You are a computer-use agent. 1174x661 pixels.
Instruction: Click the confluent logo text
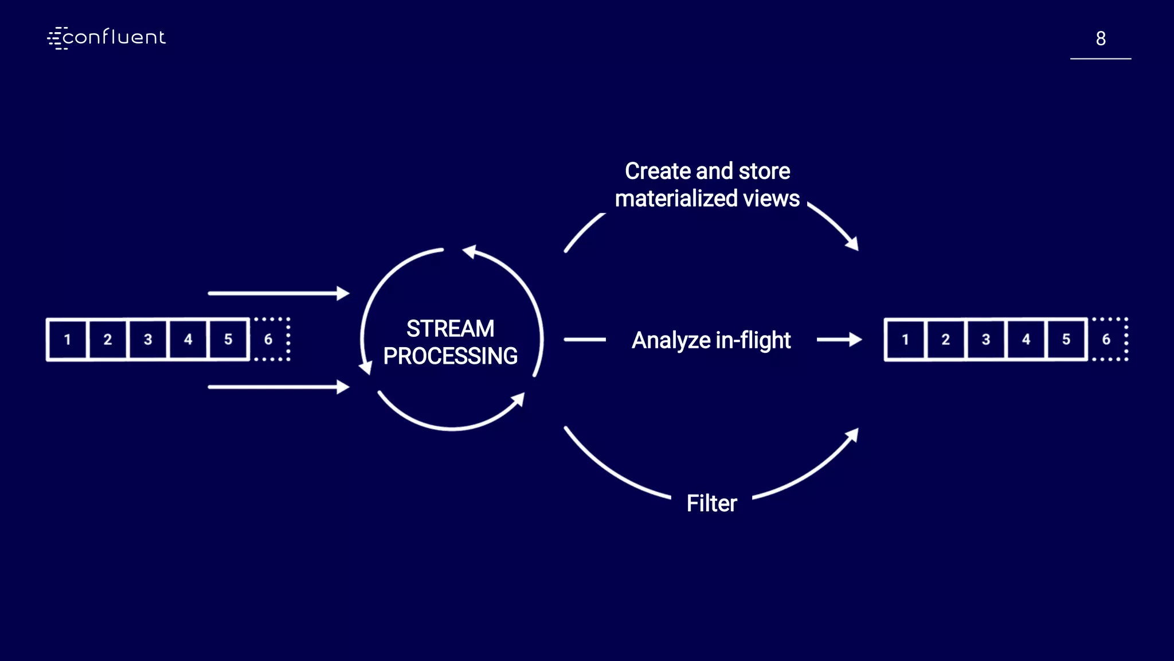click(x=114, y=38)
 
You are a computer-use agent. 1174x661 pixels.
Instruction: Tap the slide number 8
click(x=1100, y=38)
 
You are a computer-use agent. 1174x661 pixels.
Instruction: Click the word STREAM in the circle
click(x=450, y=329)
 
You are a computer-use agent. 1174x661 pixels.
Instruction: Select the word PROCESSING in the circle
click(x=450, y=356)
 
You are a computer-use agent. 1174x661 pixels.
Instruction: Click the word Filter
click(x=711, y=503)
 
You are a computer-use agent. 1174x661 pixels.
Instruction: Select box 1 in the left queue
click(x=68, y=340)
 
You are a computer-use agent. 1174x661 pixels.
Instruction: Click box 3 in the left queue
click(x=148, y=340)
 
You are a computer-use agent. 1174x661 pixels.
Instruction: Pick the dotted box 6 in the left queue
click(x=269, y=340)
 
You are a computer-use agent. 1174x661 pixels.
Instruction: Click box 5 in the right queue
click(x=1066, y=340)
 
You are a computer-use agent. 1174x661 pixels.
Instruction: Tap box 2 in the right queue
click(x=946, y=340)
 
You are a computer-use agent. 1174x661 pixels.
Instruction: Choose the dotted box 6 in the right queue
click(x=1107, y=340)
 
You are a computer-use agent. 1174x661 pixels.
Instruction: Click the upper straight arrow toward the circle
click(x=278, y=293)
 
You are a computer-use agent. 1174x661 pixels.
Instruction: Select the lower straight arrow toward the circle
click(x=278, y=387)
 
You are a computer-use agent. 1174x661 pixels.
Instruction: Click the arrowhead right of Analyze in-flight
click(x=855, y=340)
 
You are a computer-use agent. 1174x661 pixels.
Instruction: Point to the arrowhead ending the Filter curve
click(x=852, y=435)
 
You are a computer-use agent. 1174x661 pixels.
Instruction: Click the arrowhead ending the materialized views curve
click(x=852, y=244)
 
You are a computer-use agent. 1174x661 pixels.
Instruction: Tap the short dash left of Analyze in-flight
click(x=585, y=340)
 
